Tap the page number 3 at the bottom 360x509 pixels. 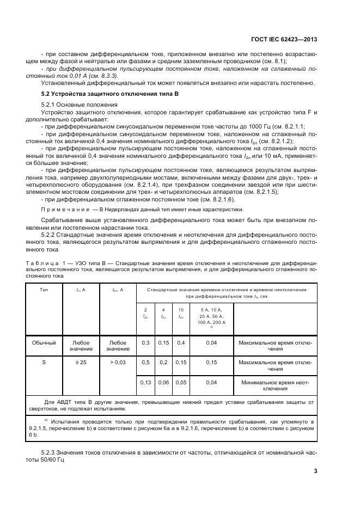pos(315,471)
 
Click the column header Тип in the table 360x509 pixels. pos(44,290)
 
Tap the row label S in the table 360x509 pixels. pos(44,361)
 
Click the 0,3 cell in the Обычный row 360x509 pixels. pos(145,343)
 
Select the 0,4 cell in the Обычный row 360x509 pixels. pos(181,343)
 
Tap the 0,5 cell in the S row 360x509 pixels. pos(145,361)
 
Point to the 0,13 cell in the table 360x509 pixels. pos(145,383)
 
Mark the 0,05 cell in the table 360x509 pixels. pos(181,383)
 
